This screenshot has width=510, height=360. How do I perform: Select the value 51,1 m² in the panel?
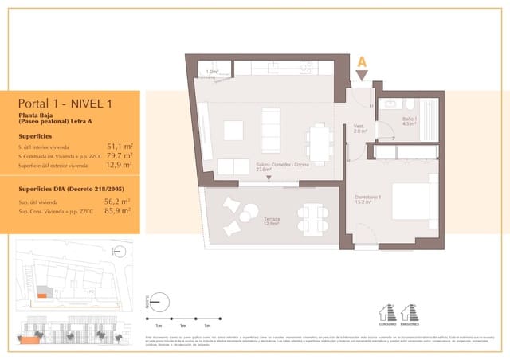coord(120,147)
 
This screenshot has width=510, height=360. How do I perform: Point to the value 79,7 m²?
coord(120,156)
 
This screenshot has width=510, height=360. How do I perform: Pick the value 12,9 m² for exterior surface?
coord(120,166)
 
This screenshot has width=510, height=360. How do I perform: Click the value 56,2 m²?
coord(120,202)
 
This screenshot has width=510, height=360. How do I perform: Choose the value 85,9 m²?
coord(120,212)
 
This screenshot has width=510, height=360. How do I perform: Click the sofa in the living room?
coord(272,128)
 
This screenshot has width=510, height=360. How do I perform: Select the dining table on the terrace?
coord(312,217)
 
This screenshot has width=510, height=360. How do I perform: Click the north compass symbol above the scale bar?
coord(158,302)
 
